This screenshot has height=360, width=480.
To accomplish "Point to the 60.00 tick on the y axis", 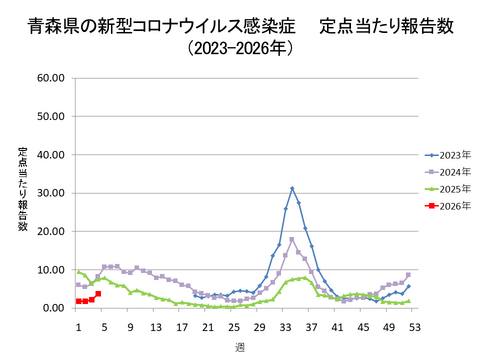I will click(50, 77).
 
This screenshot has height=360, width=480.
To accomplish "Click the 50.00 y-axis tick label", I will click(50, 116).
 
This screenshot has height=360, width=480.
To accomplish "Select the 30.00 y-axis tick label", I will click(50, 193).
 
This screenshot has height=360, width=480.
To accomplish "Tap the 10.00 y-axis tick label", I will click(50, 270).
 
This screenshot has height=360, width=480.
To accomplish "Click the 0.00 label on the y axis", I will click(53, 308).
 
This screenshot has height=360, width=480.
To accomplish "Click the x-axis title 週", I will click(240, 346).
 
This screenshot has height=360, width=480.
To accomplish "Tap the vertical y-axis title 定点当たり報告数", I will click(22, 189).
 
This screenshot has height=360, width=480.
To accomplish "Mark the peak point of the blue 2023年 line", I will click(292, 188).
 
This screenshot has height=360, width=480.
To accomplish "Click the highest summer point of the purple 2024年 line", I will click(292, 239).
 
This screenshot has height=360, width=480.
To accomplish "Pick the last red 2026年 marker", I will click(98, 294).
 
